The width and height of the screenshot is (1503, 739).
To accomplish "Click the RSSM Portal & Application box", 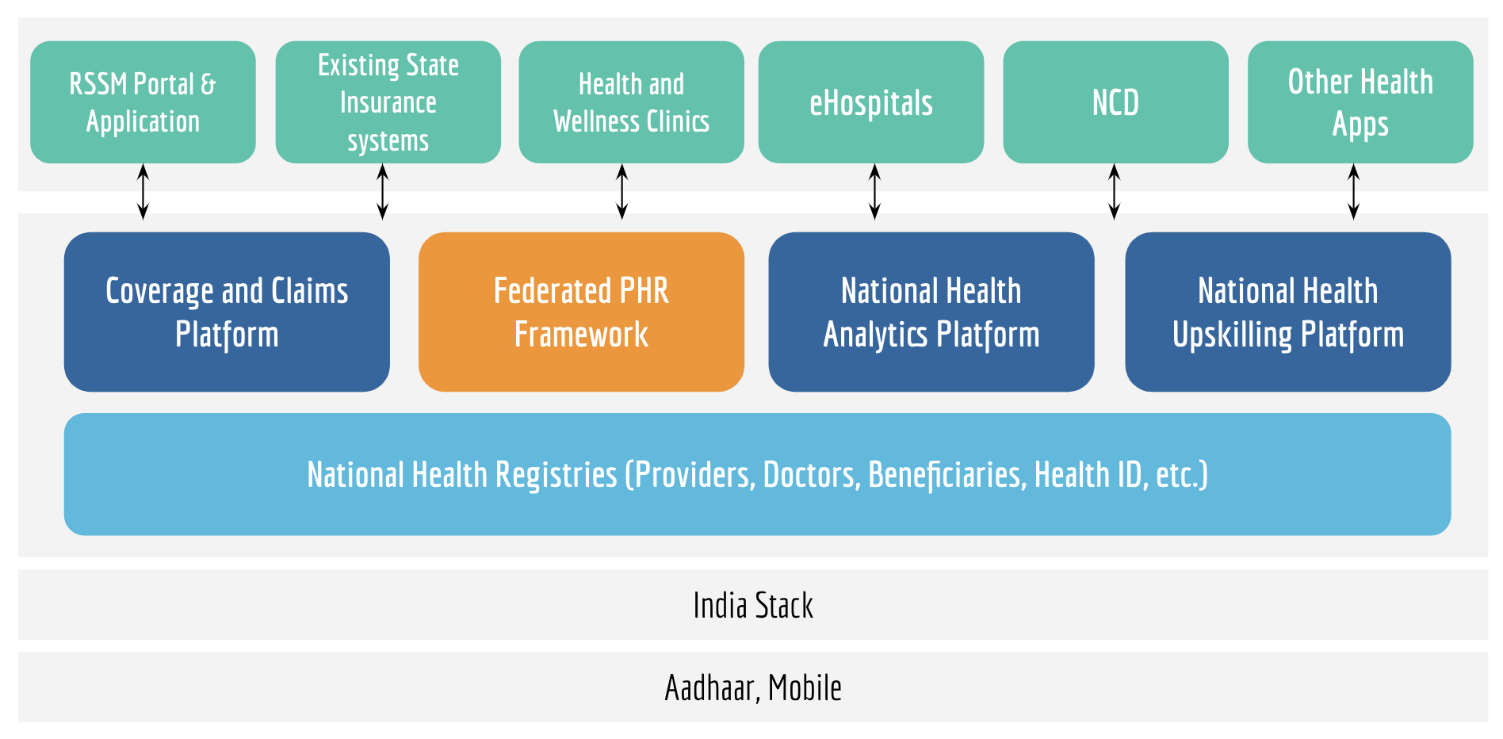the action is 143,102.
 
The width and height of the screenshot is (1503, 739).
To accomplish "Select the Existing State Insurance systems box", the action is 388,102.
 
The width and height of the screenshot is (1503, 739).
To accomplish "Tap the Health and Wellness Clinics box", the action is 631,102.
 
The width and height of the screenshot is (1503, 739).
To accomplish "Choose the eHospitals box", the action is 871,102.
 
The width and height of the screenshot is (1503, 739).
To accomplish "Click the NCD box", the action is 1115,102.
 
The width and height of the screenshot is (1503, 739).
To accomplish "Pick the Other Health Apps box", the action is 1360,102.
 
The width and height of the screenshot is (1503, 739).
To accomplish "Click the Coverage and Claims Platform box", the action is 227,312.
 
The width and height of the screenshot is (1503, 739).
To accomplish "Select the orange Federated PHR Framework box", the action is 581,312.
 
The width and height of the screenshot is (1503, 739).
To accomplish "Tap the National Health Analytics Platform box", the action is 931,312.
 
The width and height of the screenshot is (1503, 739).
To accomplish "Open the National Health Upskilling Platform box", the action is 1288,312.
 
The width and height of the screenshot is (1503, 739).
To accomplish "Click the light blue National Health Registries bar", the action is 757,474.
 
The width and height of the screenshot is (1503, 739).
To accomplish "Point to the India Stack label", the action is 753,606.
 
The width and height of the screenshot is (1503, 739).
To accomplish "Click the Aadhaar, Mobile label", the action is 753,687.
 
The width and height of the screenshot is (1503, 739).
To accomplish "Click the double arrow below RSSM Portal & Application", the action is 143,191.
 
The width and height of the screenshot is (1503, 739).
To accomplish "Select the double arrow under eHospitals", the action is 874,191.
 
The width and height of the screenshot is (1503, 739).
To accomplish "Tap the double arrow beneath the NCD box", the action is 1114,191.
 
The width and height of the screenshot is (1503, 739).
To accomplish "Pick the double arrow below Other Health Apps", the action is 1354,191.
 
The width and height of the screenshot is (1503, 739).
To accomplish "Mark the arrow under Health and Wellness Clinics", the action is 622,191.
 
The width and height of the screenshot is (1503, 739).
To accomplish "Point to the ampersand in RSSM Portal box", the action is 208,84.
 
